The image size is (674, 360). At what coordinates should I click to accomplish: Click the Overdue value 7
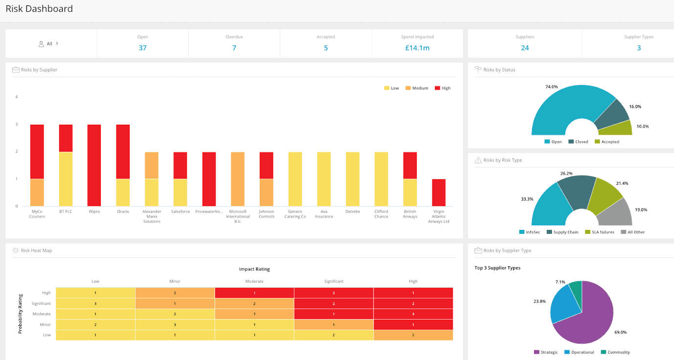tap(234, 48)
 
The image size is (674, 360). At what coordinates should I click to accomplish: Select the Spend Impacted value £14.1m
tap(417, 48)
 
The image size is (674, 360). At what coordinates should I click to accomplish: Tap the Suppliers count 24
tap(525, 48)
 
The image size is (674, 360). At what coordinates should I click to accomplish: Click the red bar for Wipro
tap(94, 165)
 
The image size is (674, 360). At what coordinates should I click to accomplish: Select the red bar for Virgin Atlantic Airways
tap(439, 192)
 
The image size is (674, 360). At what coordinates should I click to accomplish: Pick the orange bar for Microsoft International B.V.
tap(238, 179)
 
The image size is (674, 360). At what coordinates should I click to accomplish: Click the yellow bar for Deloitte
tap(352, 179)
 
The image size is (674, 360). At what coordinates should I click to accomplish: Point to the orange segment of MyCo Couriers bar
tap(37, 192)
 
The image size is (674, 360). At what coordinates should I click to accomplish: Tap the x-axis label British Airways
tap(410, 214)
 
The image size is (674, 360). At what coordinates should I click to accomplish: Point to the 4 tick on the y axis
tap(17, 97)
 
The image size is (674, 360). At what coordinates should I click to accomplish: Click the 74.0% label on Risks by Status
tap(551, 87)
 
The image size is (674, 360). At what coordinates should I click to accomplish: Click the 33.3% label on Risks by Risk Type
tap(527, 199)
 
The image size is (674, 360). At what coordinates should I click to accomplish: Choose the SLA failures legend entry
tap(600, 232)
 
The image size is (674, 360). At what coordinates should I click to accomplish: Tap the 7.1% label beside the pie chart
tap(560, 282)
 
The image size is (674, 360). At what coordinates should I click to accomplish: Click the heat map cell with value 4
tap(413, 314)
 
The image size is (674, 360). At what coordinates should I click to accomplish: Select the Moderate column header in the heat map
tap(254, 281)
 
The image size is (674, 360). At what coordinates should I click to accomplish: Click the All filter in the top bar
tap(49, 44)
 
